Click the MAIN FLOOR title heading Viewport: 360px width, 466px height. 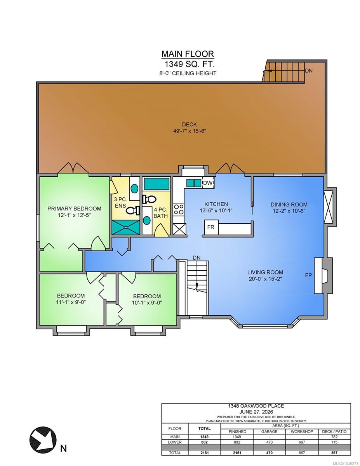tap(188, 54)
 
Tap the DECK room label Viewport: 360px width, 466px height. tap(190, 124)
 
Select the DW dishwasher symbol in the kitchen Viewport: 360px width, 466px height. tap(208, 183)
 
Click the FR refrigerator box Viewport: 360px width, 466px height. tap(211, 227)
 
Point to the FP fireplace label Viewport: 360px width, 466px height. tap(308, 275)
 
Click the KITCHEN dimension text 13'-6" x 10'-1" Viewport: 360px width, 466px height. tap(216, 210)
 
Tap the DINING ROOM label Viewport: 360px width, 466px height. tap(289, 204)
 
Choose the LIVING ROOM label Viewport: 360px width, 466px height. tap(265, 272)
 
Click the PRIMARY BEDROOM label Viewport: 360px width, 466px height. tap(74, 209)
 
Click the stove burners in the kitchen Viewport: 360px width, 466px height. tap(179, 209)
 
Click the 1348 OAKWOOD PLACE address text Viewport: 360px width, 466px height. tap(256, 406)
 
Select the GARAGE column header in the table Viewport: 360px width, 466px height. tap(269, 431)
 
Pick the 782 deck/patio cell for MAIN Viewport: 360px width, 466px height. tap(334, 437)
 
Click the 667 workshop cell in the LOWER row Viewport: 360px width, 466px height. tap(301, 442)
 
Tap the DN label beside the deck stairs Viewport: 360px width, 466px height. tap(309, 71)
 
